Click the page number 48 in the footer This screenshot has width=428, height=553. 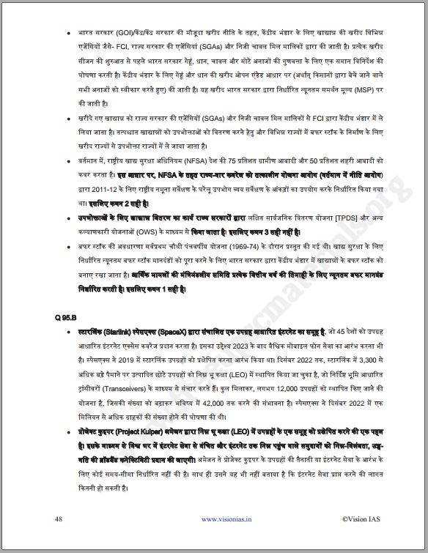[x=58, y=519]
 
